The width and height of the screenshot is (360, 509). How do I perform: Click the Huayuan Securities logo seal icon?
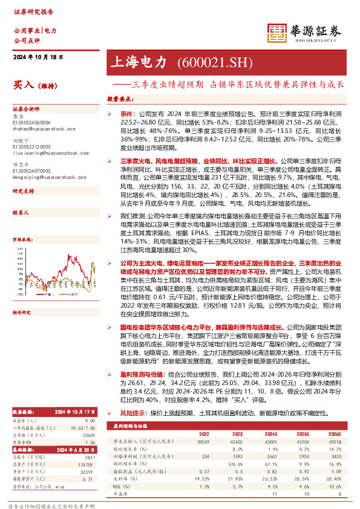(278, 34)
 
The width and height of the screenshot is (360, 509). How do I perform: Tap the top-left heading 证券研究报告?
(29, 11)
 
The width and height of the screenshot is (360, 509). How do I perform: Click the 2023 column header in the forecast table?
(238, 417)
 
